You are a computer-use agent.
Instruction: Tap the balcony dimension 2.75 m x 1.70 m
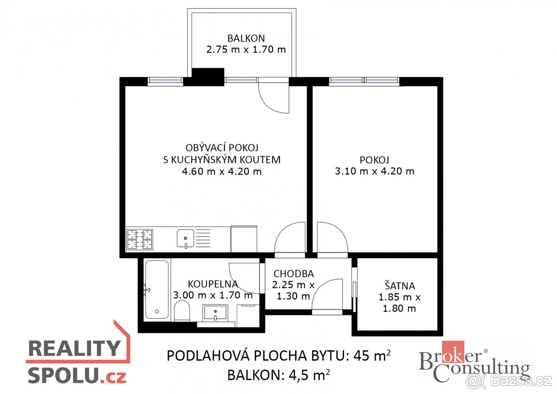point(246,49)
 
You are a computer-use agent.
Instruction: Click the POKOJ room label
point(374,160)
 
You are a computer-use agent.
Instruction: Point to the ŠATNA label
point(400,286)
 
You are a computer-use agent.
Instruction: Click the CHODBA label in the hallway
point(293,274)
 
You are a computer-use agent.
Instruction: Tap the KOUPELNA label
point(213,284)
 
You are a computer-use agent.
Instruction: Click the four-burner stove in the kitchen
point(139,239)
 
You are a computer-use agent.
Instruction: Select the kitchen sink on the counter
point(186,239)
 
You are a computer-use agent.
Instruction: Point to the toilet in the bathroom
point(182,310)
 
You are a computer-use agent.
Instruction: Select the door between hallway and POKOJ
point(331,239)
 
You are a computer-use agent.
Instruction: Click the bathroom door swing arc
point(246,278)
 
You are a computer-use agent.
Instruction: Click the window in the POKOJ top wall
point(364,82)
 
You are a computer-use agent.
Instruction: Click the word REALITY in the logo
point(73,348)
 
